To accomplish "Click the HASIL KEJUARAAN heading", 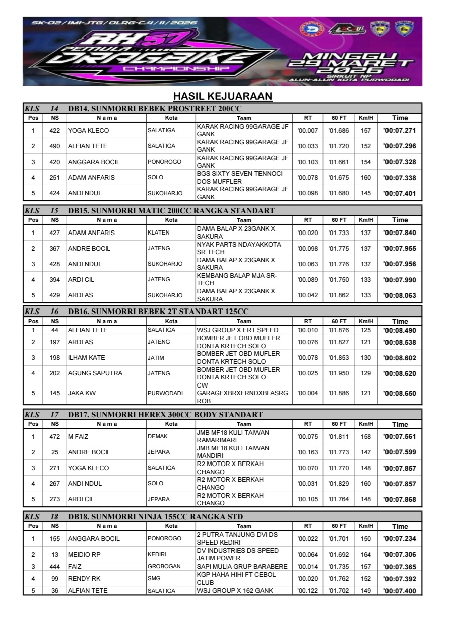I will (222, 96).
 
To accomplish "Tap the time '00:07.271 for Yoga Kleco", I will (400, 131).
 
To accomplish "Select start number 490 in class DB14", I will (55, 146).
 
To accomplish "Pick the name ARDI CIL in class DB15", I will (81, 280).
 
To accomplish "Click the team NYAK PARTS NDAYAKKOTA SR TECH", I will (238, 248).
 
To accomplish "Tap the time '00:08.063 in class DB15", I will (400, 295).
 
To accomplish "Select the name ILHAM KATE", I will (87, 358).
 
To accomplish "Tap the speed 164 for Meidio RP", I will (366, 555).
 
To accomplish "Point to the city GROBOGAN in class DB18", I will (164, 567).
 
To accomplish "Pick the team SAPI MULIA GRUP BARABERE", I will (242, 567).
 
